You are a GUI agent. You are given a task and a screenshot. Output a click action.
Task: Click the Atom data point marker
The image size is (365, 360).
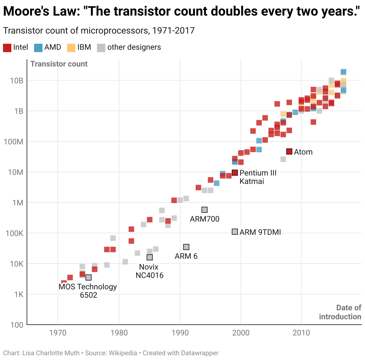point(289,152)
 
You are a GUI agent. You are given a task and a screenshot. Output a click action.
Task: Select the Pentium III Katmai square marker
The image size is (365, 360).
point(235,173)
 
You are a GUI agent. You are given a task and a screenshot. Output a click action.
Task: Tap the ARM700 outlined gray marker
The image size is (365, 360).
point(204,210)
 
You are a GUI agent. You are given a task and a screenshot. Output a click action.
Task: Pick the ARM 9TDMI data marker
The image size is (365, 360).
point(235,232)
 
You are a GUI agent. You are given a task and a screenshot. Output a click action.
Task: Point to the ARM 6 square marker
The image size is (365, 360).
point(186,247)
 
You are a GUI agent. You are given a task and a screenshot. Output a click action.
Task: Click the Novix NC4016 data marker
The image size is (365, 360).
point(150,257)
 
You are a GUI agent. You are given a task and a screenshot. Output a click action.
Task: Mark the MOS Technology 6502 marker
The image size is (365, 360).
point(88,277)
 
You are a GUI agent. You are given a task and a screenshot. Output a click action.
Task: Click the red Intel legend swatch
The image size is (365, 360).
point(7,48)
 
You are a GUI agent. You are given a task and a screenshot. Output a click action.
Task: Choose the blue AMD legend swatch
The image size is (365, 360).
point(38,48)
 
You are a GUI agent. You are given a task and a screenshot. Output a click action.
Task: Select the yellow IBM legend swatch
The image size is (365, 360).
point(71,48)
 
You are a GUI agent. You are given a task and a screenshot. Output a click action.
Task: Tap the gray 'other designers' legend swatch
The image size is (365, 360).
point(101,48)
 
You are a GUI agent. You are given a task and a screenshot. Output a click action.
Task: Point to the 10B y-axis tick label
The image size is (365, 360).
point(16,81)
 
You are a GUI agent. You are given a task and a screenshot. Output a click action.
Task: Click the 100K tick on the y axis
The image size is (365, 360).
point(14,233)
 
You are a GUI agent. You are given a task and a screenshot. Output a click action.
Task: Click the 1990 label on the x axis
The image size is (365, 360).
point(180,333)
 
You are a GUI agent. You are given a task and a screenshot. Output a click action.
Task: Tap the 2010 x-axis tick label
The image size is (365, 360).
point(301,333)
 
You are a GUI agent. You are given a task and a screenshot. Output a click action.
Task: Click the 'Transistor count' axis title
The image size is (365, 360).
point(59,64)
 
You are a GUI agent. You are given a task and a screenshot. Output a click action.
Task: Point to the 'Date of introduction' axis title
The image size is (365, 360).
point(340,312)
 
